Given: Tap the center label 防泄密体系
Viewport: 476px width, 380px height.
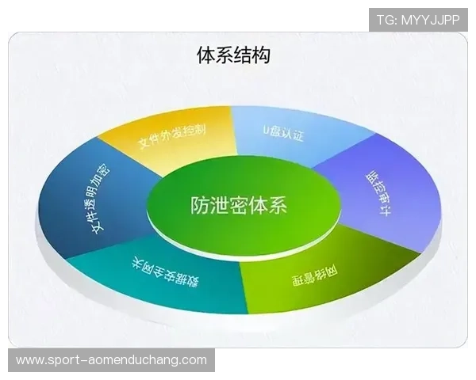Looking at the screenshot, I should coord(238,205).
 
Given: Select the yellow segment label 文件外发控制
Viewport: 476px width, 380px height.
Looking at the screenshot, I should coord(172,135).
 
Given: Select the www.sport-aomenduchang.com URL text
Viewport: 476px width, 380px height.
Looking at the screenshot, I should coord(110,360).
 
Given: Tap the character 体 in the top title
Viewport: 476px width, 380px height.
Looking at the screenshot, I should coord(205,55).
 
